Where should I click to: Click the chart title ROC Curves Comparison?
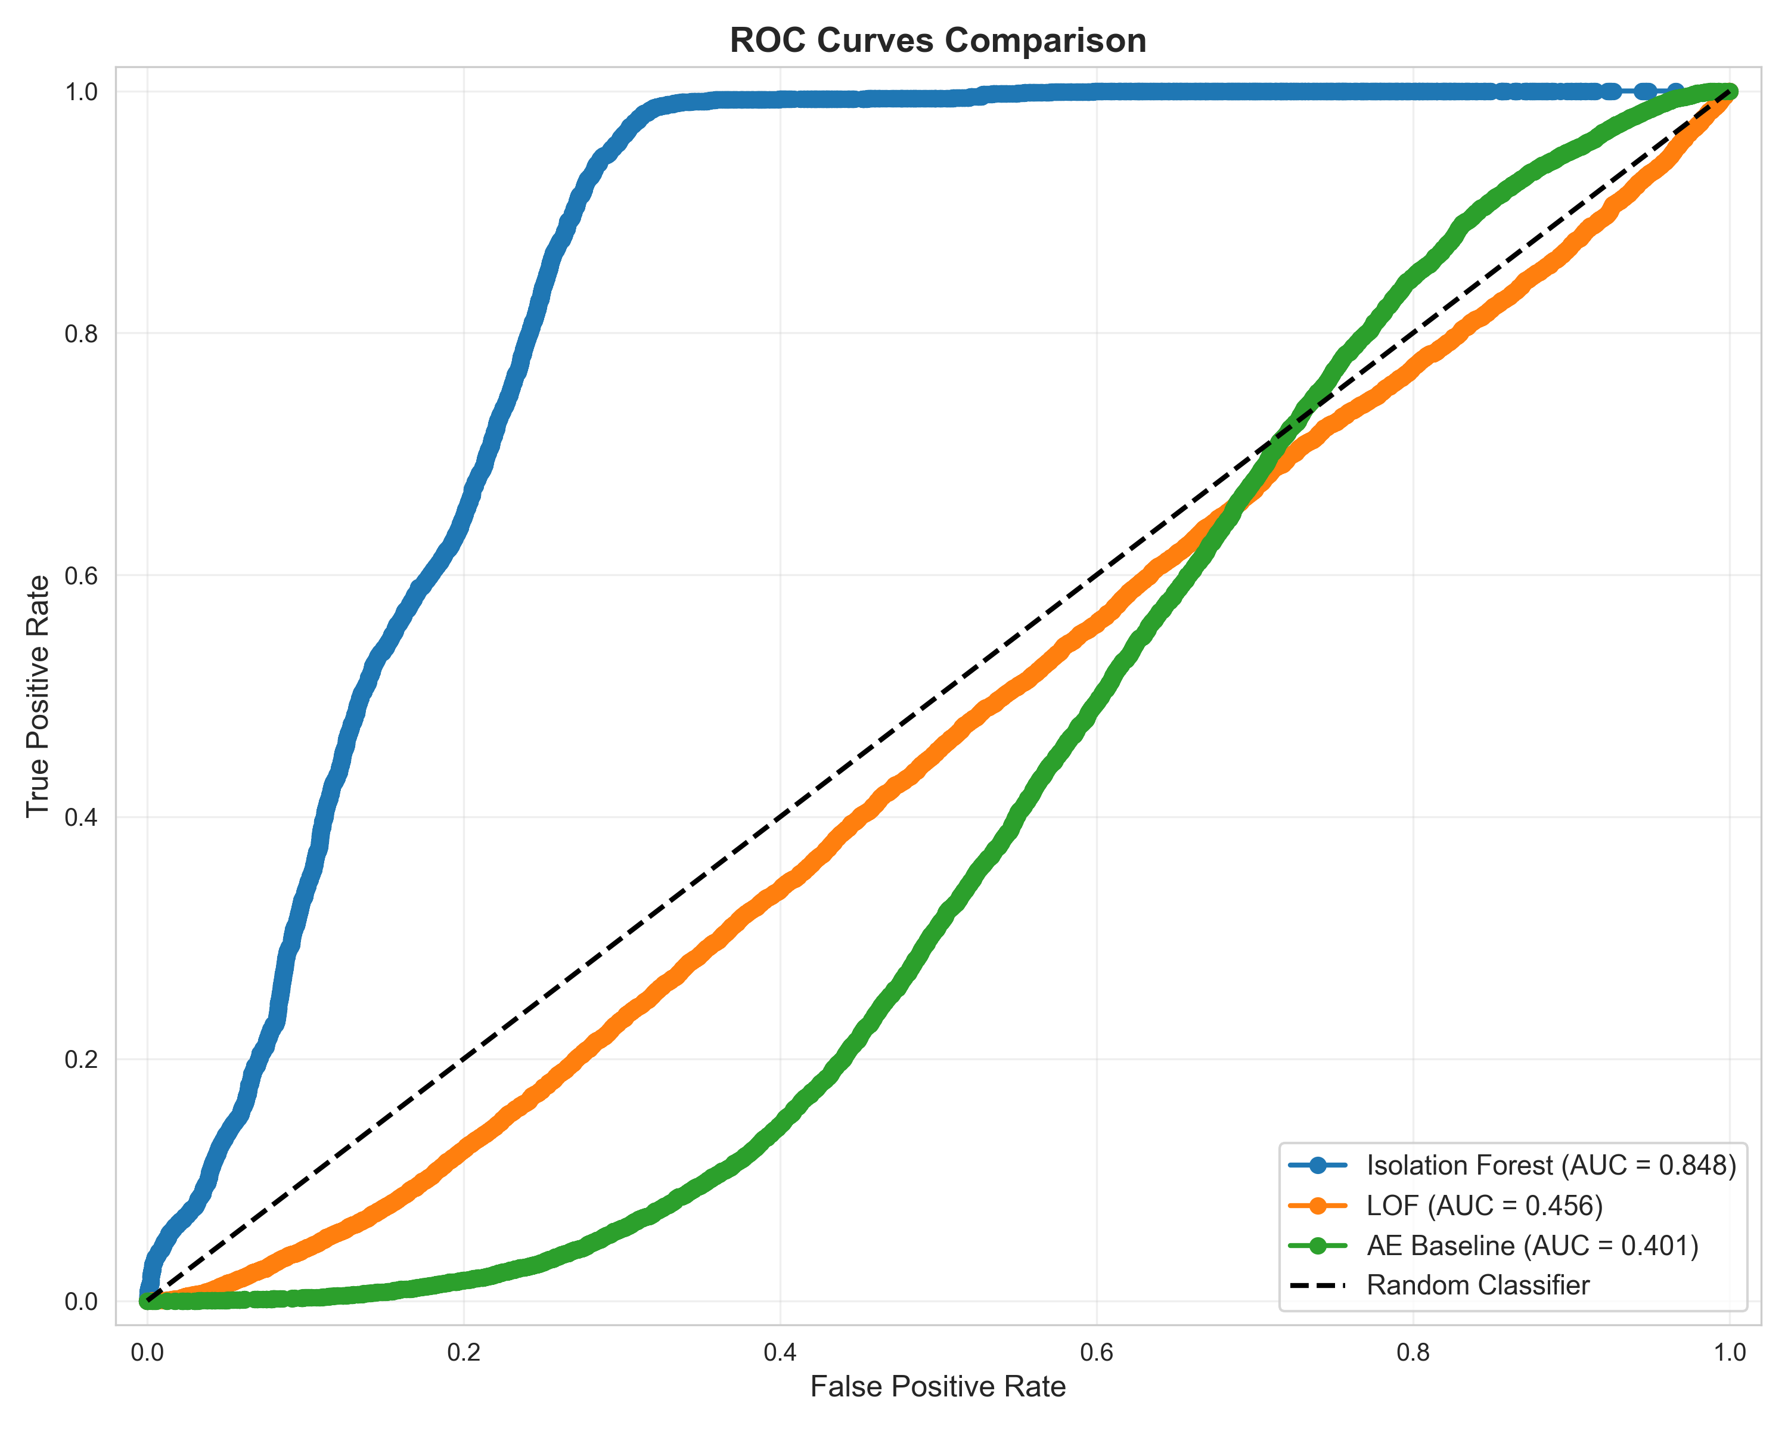tap(938, 41)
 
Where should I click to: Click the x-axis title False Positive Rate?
tap(938, 1386)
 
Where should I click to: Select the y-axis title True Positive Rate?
tap(38, 695)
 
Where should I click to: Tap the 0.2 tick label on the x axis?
tap(464, 1353)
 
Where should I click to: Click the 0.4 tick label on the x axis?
tap(780, 1353)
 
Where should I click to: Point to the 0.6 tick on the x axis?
tap(1097, 1353)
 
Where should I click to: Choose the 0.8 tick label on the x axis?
tap(1413, 1353)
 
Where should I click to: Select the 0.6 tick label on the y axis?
tap(81, 576)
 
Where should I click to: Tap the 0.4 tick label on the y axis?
tap(81, 818)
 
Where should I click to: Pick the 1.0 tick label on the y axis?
tap(81, 91)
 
